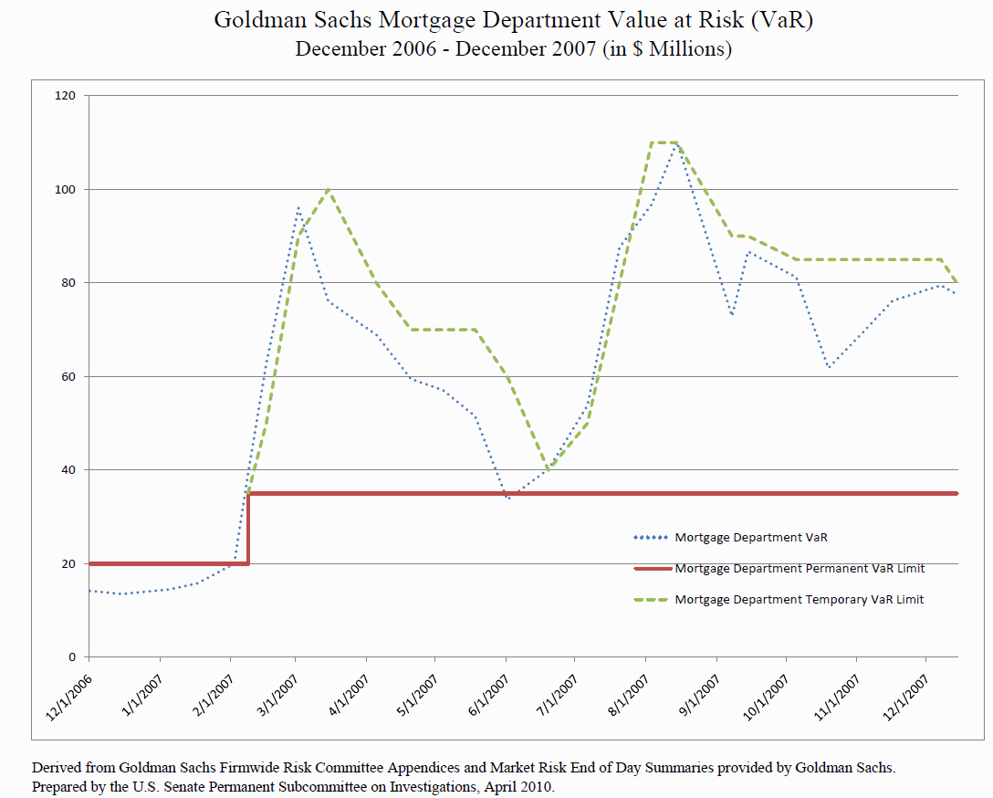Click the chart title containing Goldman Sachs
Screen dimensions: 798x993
(x=513, y=19)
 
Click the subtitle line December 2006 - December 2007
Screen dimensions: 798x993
(x=513, y=48)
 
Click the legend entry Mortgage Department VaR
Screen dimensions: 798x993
(x=750, y=537)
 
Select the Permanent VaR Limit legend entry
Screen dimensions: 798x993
(x=800, y=568)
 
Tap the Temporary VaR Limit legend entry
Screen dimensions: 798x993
(x=800, y=600)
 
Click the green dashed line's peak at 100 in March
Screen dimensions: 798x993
(x=329, y=190)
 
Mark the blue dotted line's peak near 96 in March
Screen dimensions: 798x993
(x=298, y=209)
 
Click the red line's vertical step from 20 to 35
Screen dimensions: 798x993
(x=248, y=529)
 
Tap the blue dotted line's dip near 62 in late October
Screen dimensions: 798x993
(x=828, y=367)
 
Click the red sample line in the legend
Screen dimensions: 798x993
(x=652, y=568)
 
